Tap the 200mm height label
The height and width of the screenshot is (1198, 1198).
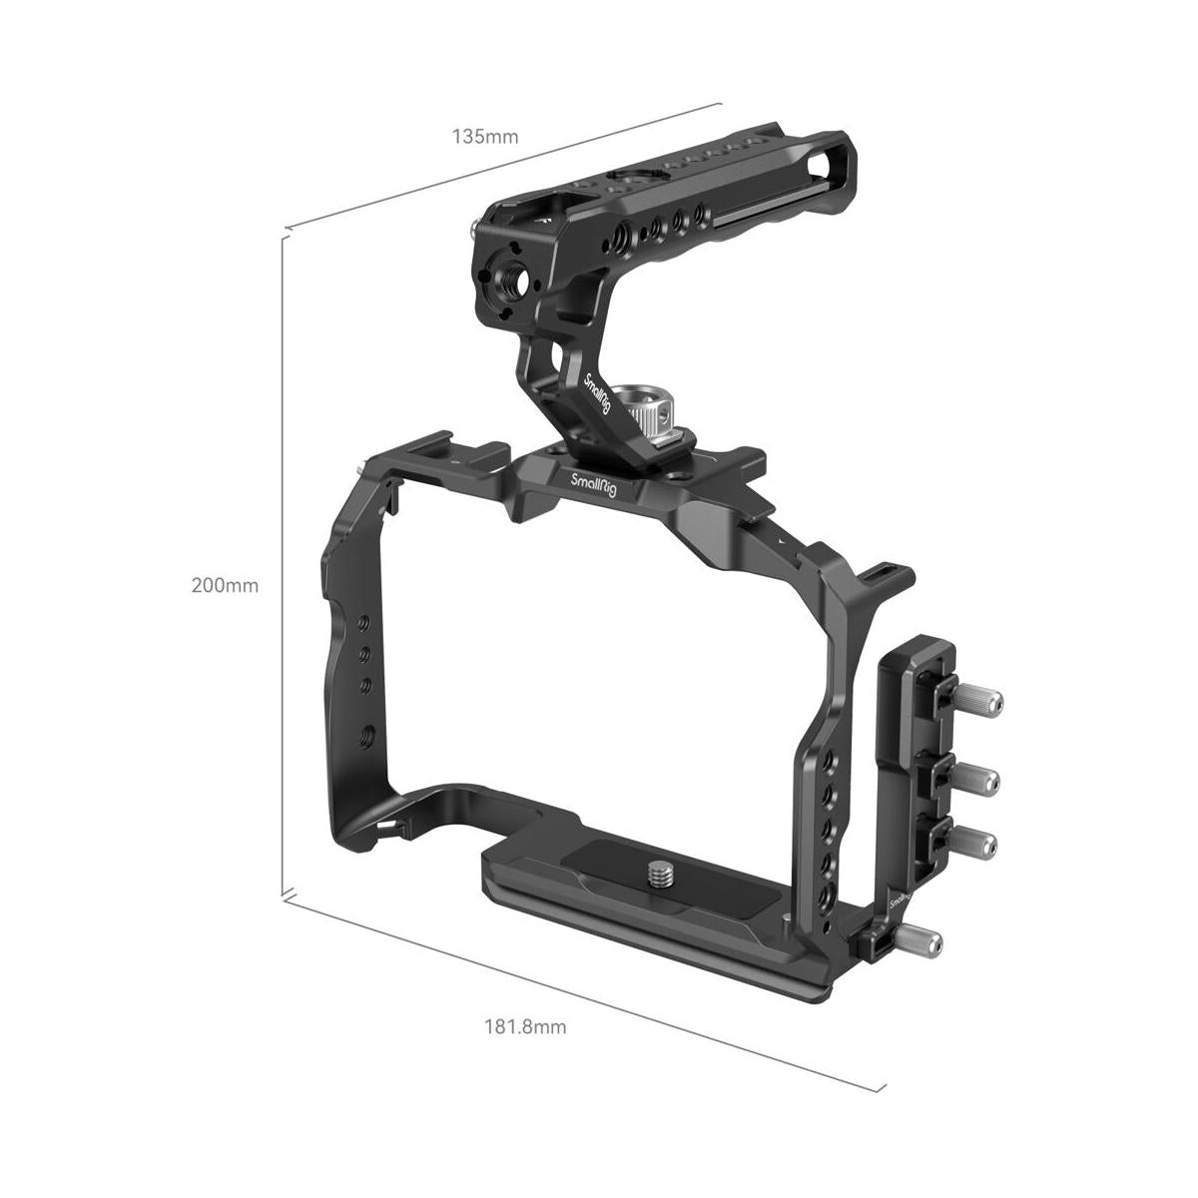pyautogui.click(x=225, y=586)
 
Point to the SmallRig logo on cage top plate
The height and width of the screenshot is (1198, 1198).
pyautogui.click(x=595, y=481)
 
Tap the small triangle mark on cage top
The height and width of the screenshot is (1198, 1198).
pyautogui.click(x=786, y=539)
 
